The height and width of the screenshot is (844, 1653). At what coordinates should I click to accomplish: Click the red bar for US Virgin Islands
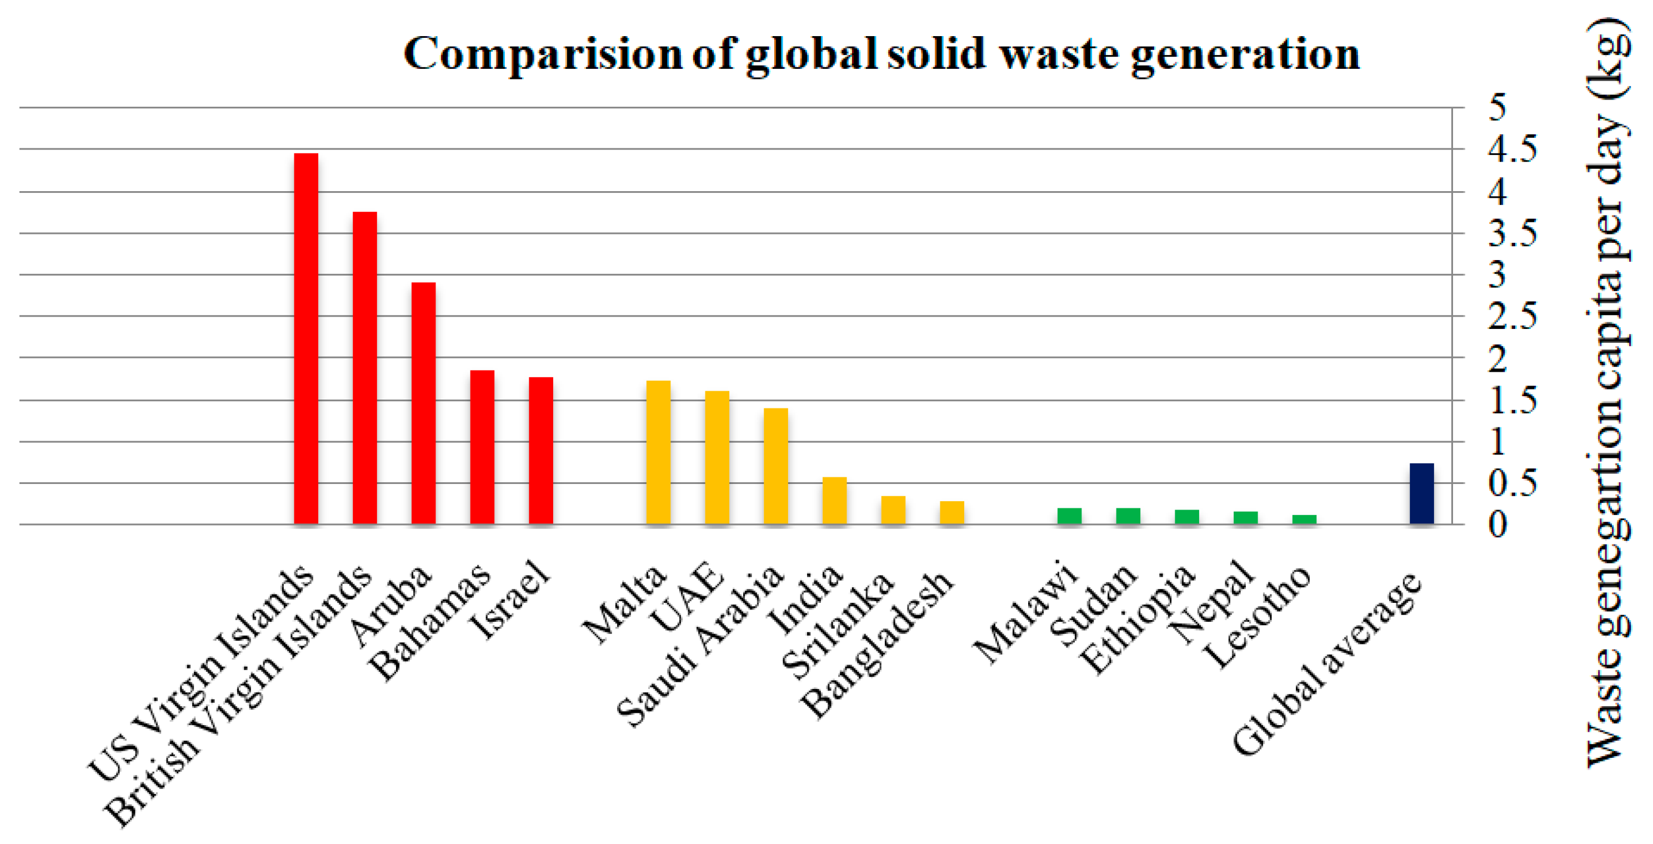pos(305,338)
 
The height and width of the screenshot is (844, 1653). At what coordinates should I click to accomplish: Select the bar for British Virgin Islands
pos(364,368)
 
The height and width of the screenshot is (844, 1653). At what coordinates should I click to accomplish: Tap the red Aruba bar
pos(423,403)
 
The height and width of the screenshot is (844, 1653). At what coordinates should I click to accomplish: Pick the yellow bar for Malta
pos(658,452)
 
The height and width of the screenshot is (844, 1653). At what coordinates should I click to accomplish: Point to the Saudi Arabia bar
pos(776,466)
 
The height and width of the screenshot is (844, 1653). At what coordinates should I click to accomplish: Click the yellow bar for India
pos(834,500)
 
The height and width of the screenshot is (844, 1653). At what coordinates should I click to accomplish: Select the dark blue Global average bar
pos(1421,493)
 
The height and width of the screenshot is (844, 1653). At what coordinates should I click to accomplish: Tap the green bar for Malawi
pos(1069,516)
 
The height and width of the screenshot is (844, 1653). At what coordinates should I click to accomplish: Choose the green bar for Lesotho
pos(1304,520)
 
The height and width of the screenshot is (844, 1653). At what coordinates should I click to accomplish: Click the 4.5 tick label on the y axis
pos(1512,149)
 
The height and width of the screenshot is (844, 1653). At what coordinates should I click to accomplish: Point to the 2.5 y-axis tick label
pos(1512,316)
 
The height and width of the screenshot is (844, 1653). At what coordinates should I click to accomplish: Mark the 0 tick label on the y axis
pos(1497,525)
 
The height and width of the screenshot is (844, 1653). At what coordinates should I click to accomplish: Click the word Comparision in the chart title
pos(542,54)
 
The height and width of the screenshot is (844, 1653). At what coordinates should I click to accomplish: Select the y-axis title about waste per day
pos(1608,392)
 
